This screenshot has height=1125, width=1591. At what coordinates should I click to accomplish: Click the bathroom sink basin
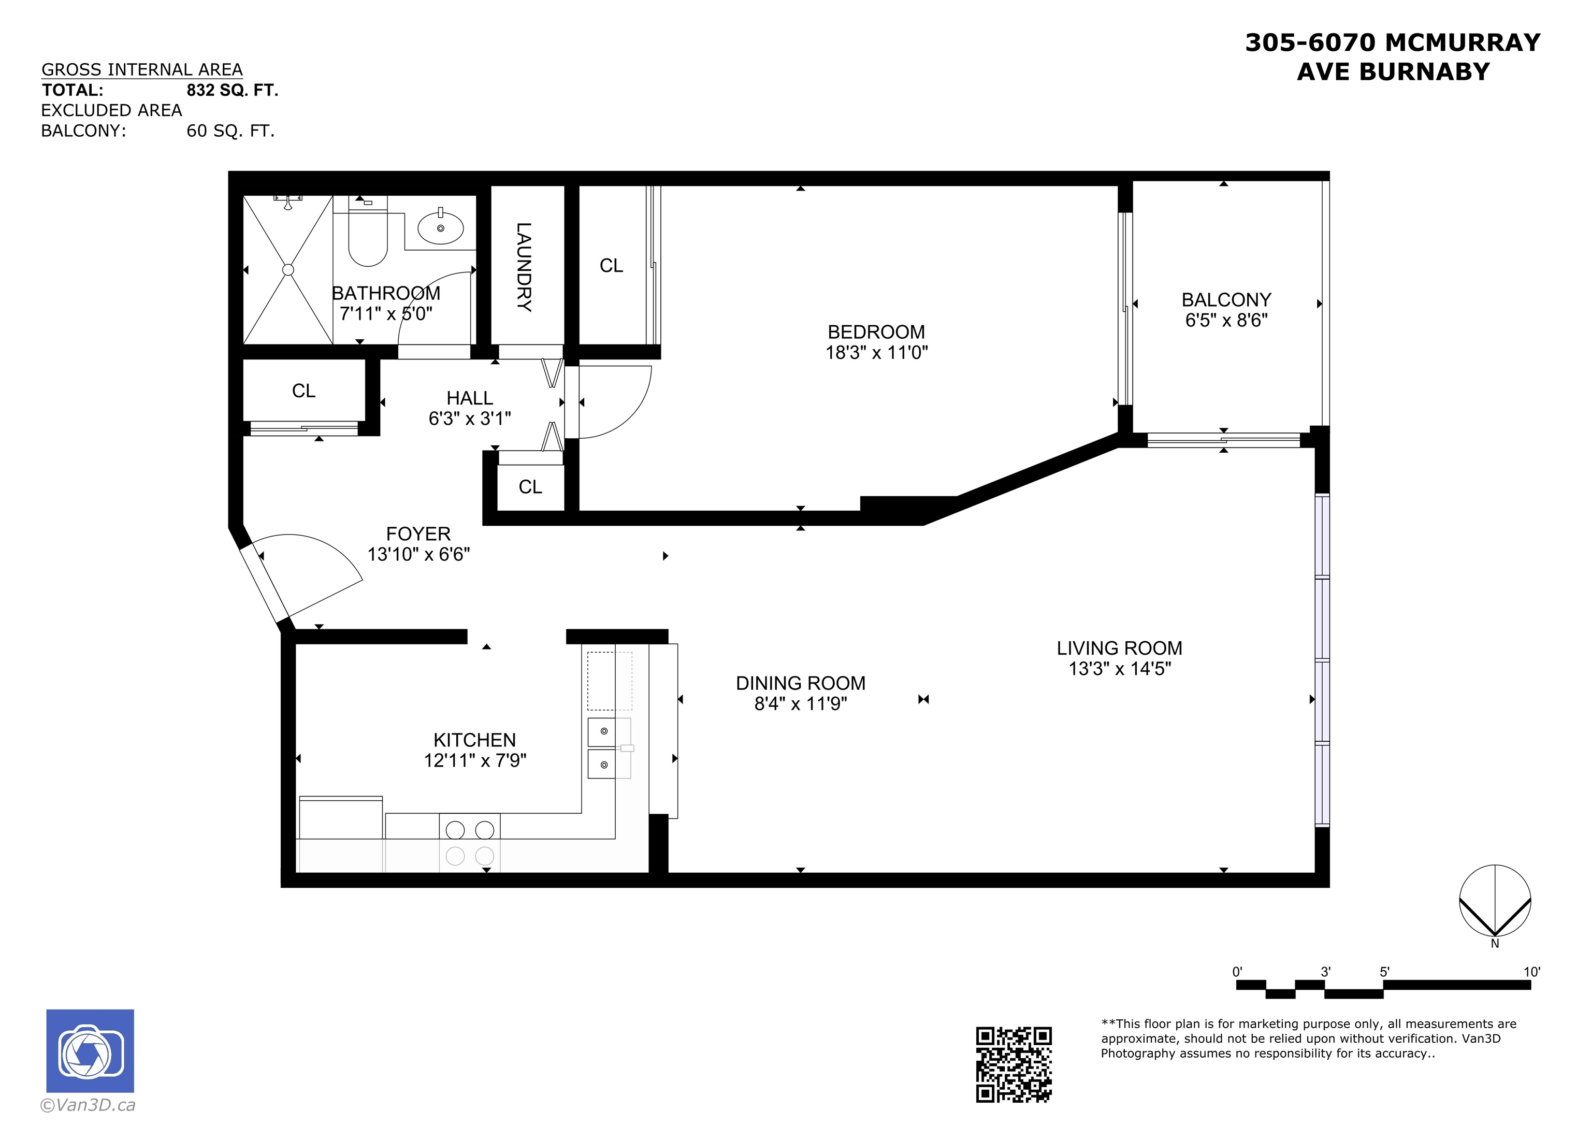tap(440, 227)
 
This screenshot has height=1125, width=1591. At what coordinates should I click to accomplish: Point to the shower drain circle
tap(288, 270)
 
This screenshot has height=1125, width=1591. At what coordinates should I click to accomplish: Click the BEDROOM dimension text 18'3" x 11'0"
tap(877, 353)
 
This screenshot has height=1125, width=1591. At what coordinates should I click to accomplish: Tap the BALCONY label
tap(1226, 299)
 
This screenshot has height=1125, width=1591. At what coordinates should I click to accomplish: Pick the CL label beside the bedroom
tap(611, 266)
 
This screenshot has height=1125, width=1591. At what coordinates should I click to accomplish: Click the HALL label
tap(470, 398)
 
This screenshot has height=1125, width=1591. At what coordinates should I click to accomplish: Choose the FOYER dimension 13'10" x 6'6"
tap(418, 555)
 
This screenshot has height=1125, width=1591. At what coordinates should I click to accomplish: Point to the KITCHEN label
tap(475, 740)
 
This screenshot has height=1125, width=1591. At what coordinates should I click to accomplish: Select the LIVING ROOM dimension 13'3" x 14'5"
tap(1120, 669)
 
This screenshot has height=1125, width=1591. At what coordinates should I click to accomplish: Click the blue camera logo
tap(90, 1051)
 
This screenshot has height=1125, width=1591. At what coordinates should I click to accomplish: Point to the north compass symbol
tap(1495, 901)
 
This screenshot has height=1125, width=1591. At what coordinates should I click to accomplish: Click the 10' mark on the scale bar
tap(1531, 972)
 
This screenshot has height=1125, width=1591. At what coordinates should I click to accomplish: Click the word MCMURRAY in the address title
tap(1462, 43)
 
